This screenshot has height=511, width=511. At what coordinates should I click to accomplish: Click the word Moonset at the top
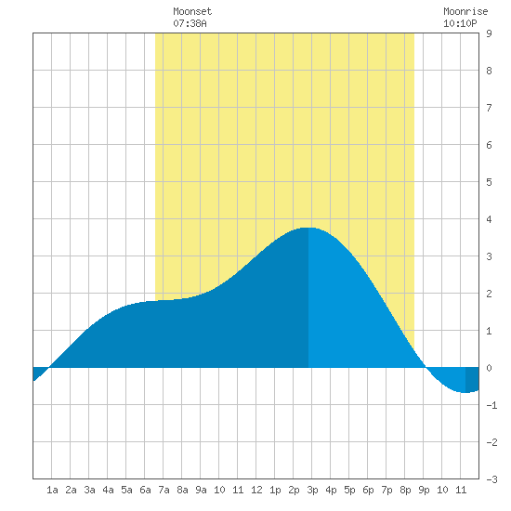(x=192, y=11)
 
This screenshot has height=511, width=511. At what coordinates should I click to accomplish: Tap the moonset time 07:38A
(x=190, y=23)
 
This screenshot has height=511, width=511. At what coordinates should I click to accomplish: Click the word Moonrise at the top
(x=465, y=11)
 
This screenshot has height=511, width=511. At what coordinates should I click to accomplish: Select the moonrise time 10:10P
(x=460, y=23)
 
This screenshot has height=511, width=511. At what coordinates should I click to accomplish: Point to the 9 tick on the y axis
(x=489, y=33)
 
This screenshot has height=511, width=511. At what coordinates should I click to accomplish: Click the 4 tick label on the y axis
(x=489, y=219)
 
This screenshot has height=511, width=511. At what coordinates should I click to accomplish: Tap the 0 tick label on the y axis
(x=489, y=368)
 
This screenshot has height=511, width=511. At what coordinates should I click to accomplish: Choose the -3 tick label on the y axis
(x=491, y=479)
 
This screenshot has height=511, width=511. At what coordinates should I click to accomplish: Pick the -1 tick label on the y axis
(x=491, y=405)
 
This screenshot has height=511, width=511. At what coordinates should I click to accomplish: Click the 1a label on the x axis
(x=52, y=490)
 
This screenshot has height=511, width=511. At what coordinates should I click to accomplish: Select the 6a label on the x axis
(x=145, y=490)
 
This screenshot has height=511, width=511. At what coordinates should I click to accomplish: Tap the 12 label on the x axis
(x=256, y=490)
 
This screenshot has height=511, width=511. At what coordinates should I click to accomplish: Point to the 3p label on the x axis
(x=312, y=490)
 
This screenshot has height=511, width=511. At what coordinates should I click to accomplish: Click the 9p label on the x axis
(x=424, y=490)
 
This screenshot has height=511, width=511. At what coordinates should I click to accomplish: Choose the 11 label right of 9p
(x=461, y=490)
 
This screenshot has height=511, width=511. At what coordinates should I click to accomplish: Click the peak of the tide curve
(x=308, y=228)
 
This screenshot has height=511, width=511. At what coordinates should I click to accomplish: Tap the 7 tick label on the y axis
(x=489, y=108)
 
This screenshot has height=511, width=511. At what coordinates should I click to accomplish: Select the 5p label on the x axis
(x=349, y=490)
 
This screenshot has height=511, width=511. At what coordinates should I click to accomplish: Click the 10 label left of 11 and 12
(x=219, y=490)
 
